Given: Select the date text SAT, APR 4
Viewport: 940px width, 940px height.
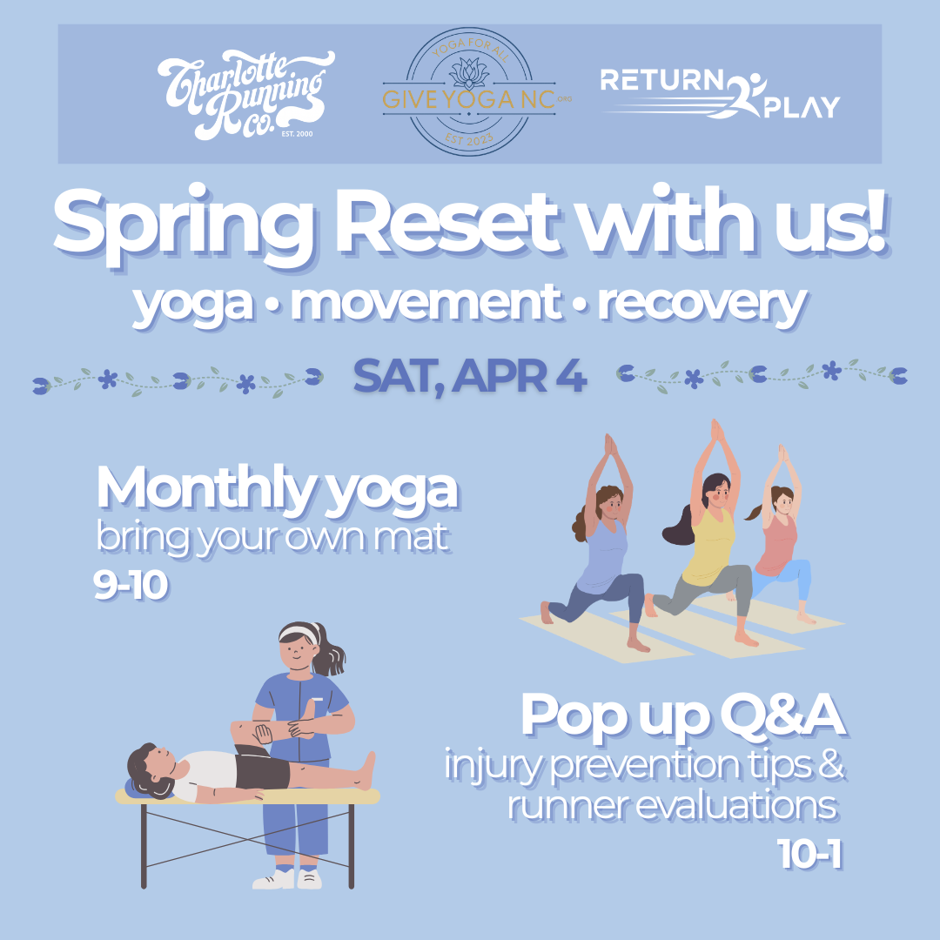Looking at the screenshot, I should click(470, 376).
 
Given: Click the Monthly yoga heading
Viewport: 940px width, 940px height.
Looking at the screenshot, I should click(277, 490).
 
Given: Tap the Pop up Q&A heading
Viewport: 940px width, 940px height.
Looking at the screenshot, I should click(682, 715).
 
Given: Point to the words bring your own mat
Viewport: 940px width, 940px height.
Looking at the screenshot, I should click(272, 538).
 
